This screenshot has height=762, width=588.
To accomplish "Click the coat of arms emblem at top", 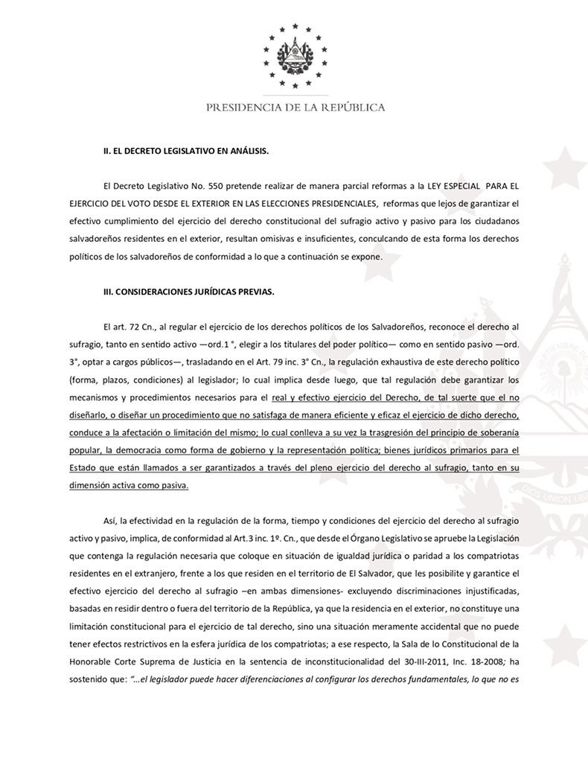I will (295, 54).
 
